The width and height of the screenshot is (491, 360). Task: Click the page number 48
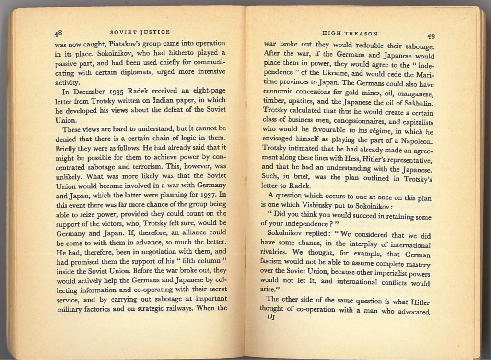tap(58, 33)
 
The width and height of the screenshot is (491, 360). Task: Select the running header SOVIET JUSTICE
tap(140, 32)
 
